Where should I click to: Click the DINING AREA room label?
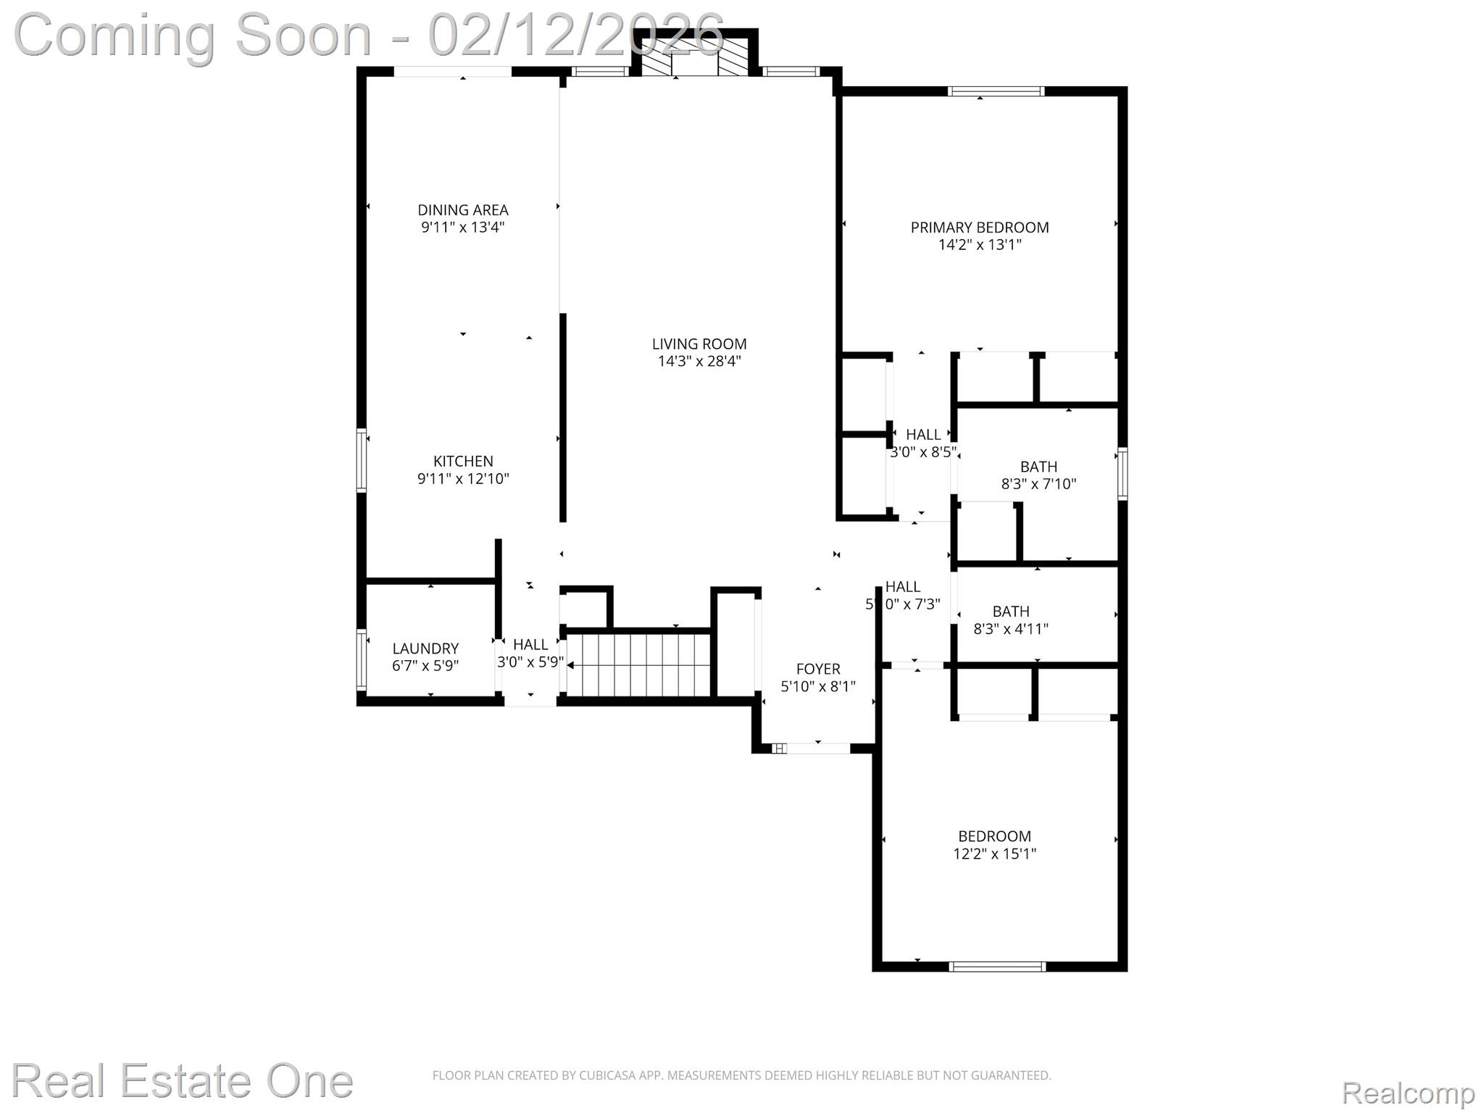462,210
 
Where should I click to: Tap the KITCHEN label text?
463,462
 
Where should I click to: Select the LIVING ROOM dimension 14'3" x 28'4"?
699,362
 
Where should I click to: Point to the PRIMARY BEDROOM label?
979,228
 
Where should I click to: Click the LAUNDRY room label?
425,649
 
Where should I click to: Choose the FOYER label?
818,670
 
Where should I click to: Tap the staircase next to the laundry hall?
638,664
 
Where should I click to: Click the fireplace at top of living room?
695,57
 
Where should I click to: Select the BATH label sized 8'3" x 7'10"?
1038,467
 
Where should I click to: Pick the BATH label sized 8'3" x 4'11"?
1011,612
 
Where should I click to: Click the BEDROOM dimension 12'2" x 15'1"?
994,854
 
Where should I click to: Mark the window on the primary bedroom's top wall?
996,91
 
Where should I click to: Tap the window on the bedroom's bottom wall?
997,966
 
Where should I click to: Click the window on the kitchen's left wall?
361,461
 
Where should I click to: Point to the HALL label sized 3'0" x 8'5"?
923,435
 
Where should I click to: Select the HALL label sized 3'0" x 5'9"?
530,645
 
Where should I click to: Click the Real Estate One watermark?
182,1080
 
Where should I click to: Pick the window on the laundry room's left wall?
361,659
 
